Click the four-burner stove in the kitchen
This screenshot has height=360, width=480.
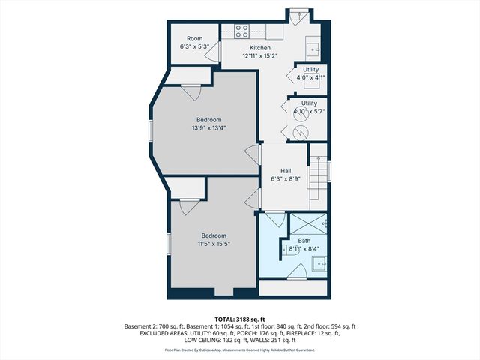point(242,31)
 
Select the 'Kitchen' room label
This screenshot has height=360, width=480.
point(250,47)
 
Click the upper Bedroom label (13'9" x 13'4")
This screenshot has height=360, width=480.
point(209,120)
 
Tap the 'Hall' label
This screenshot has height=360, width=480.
point(286,171)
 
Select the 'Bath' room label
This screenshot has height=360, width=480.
point(304,241)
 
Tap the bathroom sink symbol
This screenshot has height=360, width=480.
point(319,263)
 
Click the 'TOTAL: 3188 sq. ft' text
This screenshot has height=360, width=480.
point(240,319)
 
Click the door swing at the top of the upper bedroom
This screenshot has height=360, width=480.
point(190,92)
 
